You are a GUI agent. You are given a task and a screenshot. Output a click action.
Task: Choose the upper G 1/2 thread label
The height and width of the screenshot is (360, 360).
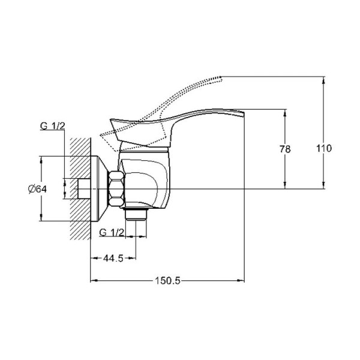coord(53,126)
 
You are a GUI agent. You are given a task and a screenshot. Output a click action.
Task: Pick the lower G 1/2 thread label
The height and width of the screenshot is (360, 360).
coord(112,232)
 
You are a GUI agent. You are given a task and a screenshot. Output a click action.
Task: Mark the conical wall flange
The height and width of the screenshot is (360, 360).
coord(100,187)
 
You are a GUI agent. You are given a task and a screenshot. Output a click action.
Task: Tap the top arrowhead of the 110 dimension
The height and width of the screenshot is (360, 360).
coord(325,79)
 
